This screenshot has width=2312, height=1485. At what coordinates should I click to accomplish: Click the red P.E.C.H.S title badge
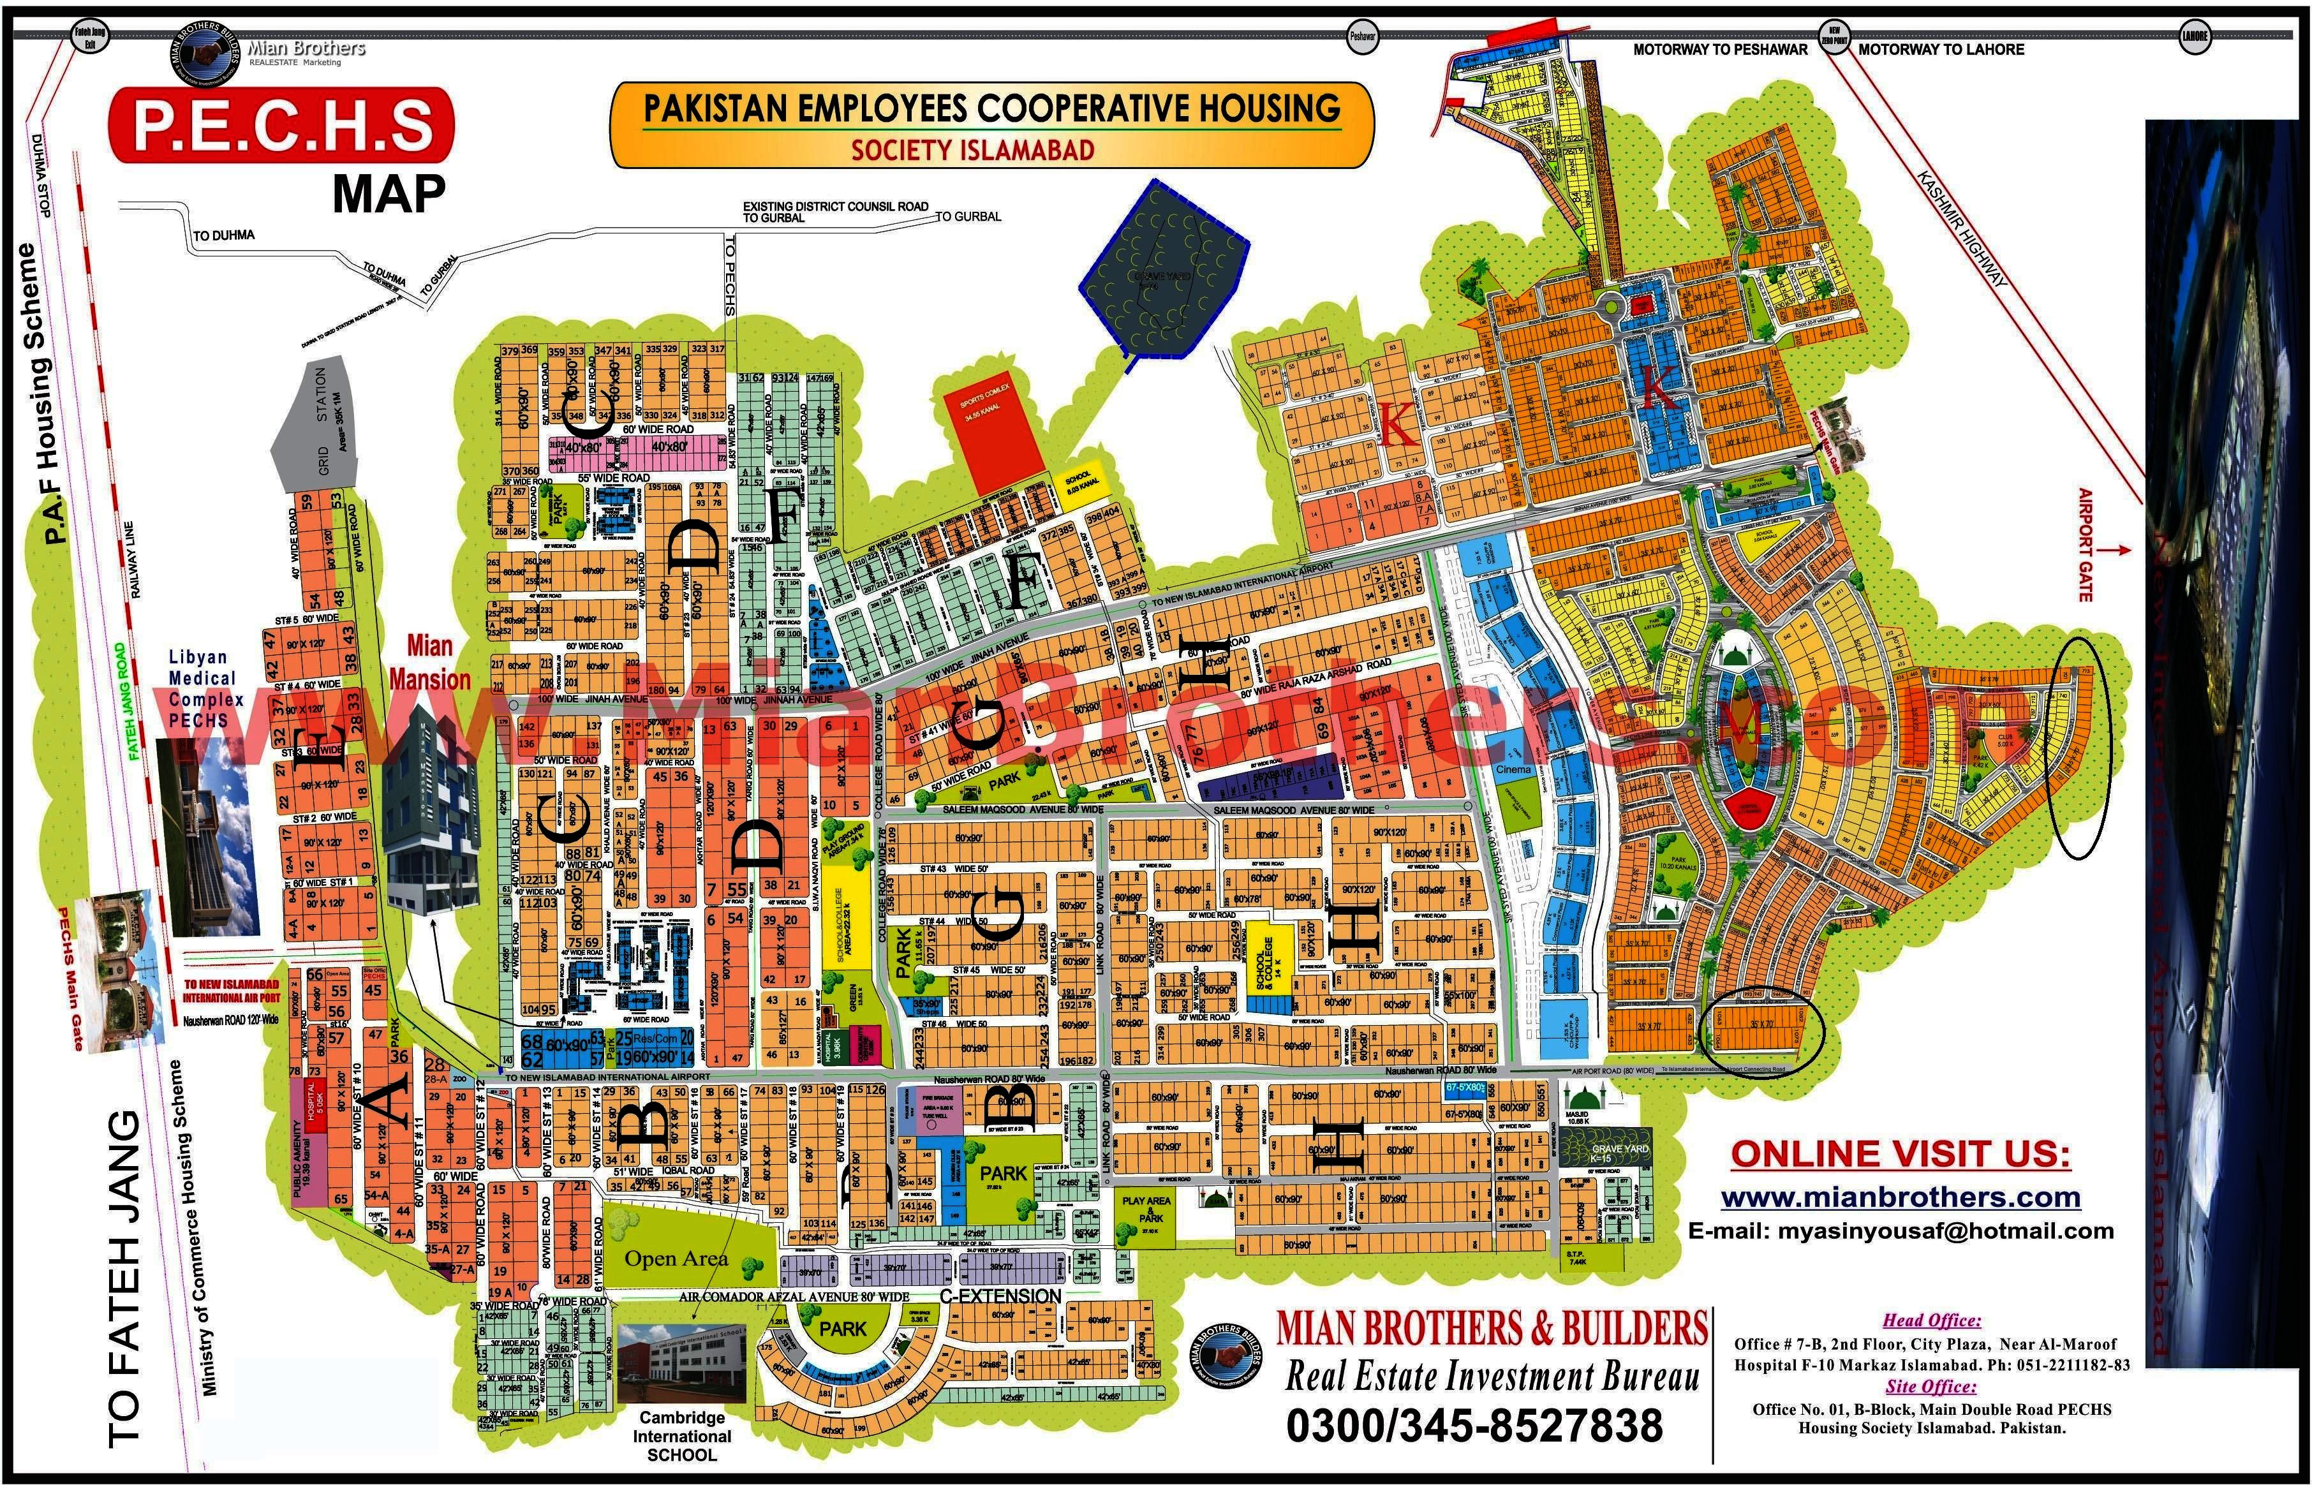tap(281, 126)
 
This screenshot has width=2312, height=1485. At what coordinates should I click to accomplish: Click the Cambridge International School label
tap(681, 1436)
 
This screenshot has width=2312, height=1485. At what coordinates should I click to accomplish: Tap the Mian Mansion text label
tap(429, 663)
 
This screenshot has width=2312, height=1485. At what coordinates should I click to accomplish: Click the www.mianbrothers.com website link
tap(1899, 1199)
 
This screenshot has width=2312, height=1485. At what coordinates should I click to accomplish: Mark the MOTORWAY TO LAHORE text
tap(1941, 49)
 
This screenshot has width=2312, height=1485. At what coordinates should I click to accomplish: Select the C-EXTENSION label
tap(1000, 1297)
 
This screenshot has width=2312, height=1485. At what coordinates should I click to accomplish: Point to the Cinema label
tap(1514, 769)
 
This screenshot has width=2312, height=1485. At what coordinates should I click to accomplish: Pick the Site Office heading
tap(1931, 1387)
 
